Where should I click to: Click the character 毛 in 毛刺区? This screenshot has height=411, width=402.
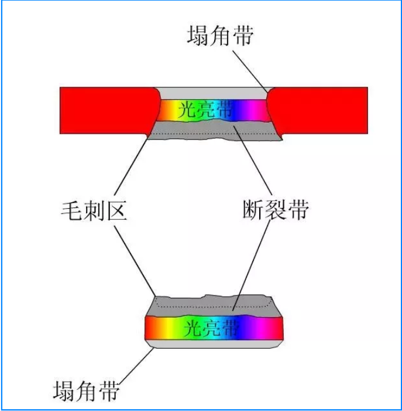[72, 209]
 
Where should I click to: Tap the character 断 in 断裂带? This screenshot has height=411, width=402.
[253, 209]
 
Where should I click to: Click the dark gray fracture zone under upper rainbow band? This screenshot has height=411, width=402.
[193, 128]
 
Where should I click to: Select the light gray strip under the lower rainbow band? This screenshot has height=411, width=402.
[217, 344]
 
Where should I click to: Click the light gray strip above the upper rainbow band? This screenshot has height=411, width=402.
[211, 93]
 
